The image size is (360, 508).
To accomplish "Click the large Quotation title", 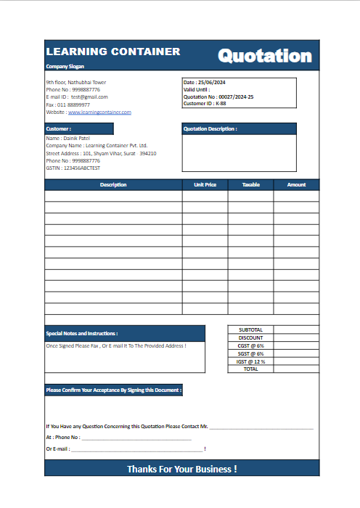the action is point(265,56).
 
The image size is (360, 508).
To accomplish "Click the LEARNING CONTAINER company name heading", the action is point(113,52).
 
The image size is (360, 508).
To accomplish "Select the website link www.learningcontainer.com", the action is point(99,112).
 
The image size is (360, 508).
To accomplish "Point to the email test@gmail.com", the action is point(89,97).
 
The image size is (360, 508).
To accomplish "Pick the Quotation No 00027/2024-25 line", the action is point(218,97).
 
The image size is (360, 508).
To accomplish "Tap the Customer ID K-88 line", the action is point(205,104).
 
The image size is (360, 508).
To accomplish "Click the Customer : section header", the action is point(59,129).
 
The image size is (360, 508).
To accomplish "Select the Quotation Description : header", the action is point(210,129).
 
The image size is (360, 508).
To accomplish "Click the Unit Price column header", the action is point(205,185).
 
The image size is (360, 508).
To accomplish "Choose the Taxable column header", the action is point(250,185).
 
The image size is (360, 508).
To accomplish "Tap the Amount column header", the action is point(296,185).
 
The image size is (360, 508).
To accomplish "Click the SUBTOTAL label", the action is point(250,329).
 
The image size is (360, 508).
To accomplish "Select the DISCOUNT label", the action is point(250,337).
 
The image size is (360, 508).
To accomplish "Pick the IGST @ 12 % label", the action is point(250,361).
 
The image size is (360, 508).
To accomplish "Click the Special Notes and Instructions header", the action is point(81,333).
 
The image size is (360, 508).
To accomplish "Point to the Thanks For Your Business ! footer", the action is point(181,469).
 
